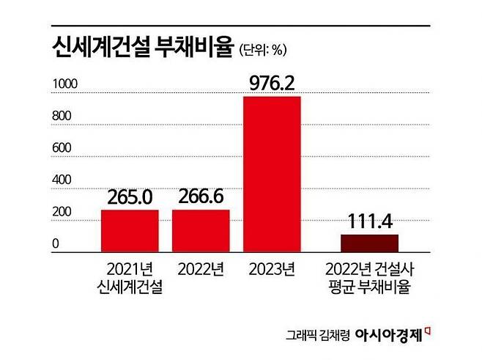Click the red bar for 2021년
tap(130, 232)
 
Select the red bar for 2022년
tap(201, 232)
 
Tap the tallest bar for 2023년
tap(272, 175)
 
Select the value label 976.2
tap(272, 84)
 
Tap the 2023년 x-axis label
tap(272, 268)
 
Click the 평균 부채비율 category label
tap(369, 287)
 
